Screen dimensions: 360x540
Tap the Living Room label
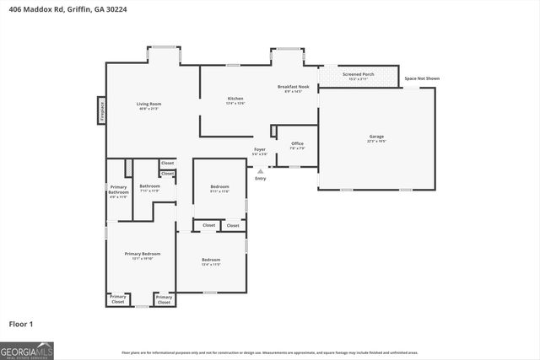(x=149, y=104)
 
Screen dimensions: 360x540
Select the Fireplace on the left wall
(x=100, y=110)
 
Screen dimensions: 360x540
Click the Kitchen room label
(x=235, y=99)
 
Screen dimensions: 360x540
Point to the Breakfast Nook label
(x=293, y=86)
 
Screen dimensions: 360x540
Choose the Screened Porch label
(x=358, y=74)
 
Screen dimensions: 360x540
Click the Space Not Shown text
(x=422, y=78)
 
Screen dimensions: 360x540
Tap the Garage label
(x=376, y=136)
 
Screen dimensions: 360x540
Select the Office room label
(x=297, y=143)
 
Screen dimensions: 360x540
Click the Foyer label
(x=260, y=149)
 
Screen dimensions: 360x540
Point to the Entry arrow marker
(x=260, y=171)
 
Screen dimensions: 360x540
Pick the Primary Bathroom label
(x=118, y=190)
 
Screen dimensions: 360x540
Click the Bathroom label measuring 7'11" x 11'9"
(x=149, y=185)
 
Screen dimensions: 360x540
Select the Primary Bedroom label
(x=142, y=254)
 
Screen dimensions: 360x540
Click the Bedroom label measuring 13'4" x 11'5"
(x=211, y=259)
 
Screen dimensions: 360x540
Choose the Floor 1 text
(x=20, y=323)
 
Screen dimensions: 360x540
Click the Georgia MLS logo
(x=27, y=349)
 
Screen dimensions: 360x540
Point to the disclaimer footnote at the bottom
(x=270, y=352)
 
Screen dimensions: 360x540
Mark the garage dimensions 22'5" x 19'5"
(x=376, y=142)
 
